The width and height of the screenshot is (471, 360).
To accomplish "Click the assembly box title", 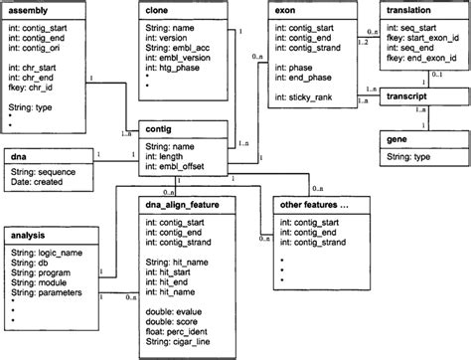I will pos(29,9).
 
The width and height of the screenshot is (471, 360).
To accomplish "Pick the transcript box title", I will pos(407,98).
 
